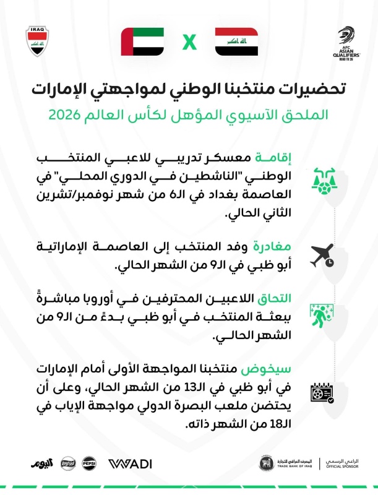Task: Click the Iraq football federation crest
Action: click(37, 41)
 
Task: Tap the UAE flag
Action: click(142, 42)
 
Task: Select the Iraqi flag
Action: click(236, 42)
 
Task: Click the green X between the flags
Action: click(189, 43)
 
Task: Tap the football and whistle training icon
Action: click(323, 179)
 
